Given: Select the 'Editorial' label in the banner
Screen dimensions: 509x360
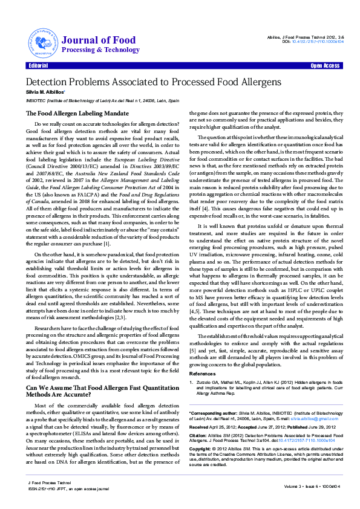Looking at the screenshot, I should [x=38, y=65].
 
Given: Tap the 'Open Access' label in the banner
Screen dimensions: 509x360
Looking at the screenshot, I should [x=324, y=65].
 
